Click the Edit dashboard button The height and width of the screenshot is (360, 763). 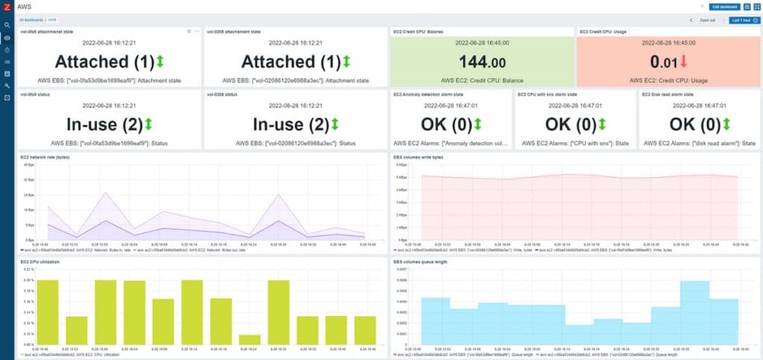tap(726, 6)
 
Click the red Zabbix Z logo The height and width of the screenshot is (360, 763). tap(7, 7)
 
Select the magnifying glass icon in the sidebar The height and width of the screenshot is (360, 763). tap(7, 25)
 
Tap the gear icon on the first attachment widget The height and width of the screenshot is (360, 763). tap(189, 31)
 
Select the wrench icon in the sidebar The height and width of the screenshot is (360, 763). tap(7, 86)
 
